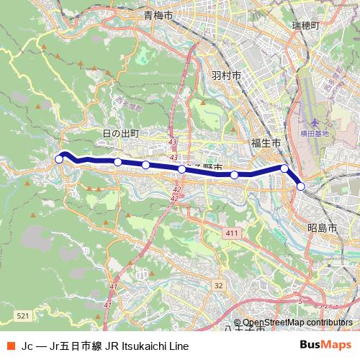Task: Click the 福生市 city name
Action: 266,143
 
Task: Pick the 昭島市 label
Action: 322,228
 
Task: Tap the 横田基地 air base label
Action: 315,133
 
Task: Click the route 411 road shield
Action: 231,234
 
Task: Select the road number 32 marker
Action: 218,286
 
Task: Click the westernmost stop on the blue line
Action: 60,159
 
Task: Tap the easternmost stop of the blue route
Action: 301,186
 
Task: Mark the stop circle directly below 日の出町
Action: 118,162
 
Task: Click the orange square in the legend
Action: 10,346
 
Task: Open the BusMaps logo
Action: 325,346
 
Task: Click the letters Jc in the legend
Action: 28,346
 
